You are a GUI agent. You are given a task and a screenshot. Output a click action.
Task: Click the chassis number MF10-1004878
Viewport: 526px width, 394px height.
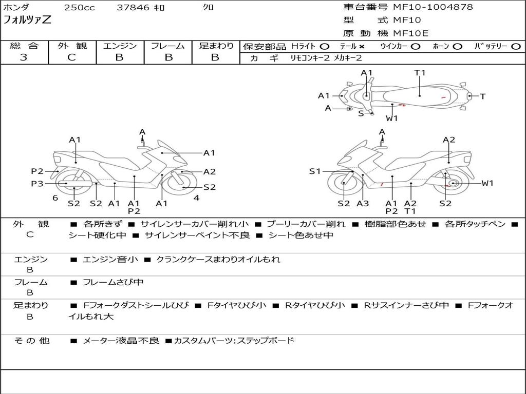pyautogui.click(x=433, y=7)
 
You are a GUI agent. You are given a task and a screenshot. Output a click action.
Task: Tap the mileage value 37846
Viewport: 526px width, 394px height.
pyautogui.click(x=133, y=8)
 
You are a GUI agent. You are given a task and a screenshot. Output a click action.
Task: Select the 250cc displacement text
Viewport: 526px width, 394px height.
pyautogui.click(x=79, y=8)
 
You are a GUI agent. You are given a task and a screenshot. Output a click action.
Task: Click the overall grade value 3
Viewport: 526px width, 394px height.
pyautogui.click(x=24, y=57)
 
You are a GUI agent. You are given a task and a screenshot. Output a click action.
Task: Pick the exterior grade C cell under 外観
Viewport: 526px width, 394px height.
pyautogui.click(x=71, y=57)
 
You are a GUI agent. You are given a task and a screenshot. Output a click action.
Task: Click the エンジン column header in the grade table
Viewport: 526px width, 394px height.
pyautogui.click(x=120, y=46)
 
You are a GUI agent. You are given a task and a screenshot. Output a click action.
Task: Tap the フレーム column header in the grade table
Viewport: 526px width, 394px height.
pyautogui.click(x=168, y=46)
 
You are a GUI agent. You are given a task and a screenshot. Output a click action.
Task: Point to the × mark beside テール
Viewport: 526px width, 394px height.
pyautogui.click(x=362, y=46)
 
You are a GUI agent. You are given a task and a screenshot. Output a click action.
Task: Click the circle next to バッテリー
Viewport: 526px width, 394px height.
pyautogui.click(x=516, y=46)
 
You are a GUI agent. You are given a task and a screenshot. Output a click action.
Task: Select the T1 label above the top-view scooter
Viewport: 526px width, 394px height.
pyautogui.click(x=420, y=72)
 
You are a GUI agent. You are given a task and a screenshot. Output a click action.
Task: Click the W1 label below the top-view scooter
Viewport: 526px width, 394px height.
pyautogui.click(x=392, y=118)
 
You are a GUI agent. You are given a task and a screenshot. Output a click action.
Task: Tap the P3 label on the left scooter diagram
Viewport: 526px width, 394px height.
pyautogui.click(x=37, y=183)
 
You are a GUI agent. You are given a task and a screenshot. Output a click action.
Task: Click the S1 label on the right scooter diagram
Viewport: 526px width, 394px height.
pyautogui.click(x=315, y=171)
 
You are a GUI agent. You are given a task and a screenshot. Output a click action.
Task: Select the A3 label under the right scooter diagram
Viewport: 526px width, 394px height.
pyautogui.click(x=363, y=204)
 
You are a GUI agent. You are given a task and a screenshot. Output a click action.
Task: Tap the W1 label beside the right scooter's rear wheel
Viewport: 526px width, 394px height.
pyautogui.click(x=487, y=183)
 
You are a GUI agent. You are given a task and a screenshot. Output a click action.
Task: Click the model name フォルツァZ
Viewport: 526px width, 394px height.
pyautogui.click(x=28, y=21)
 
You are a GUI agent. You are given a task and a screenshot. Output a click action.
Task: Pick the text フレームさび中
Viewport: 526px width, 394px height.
pyautogui.click(x=113, y=282)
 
